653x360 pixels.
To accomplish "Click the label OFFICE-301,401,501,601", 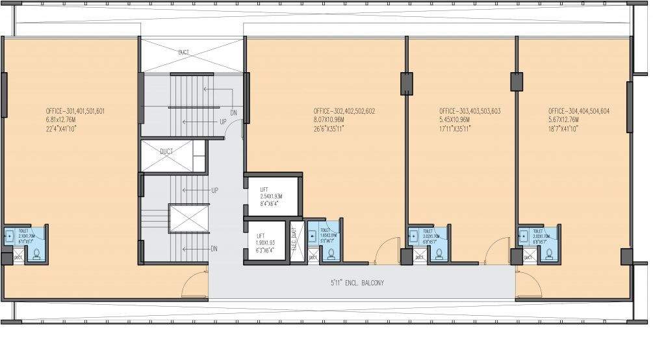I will click(75, 111).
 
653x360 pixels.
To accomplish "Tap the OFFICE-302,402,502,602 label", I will click(344, 111).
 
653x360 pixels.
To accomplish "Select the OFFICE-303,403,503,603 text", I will click(469, 111).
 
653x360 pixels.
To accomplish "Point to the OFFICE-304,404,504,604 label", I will click(578, 111).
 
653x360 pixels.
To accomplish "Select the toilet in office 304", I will click(539, 243).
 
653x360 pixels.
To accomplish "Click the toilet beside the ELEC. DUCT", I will click(323, 241).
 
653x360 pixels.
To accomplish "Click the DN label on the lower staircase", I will click(214, 248).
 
